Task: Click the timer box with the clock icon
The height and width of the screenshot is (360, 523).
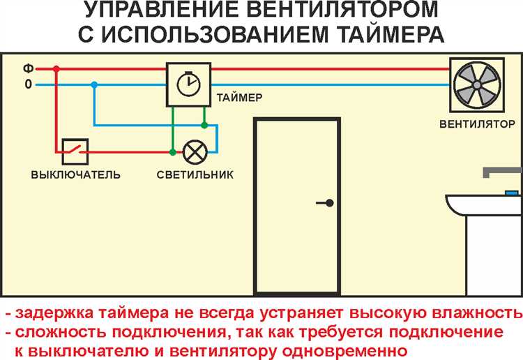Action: click(189, 84)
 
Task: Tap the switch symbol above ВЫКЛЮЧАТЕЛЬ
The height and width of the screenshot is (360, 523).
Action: click(75, 152)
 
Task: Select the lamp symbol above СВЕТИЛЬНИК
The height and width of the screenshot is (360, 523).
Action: click(195, 152)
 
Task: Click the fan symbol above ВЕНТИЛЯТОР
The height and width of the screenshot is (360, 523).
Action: click(477, 84)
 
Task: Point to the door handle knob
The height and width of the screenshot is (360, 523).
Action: click(330, 202)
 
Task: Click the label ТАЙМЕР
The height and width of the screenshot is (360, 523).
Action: click(239, 98)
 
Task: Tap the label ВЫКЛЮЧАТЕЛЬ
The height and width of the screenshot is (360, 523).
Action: click(76, 175)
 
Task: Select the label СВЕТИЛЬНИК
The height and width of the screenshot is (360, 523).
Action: click(195, 175)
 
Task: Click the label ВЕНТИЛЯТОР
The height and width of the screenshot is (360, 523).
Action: click(477, 124)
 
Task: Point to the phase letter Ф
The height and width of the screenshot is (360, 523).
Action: click(29, 69)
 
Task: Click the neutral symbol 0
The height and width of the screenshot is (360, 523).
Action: click(29, 84)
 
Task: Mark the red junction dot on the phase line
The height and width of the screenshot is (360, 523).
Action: click(56, 69)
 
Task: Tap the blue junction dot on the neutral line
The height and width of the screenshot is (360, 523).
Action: click(94, 84)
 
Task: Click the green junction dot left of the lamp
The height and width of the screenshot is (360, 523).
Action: click(172, 152)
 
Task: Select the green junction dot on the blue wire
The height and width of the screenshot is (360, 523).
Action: click(204, 126)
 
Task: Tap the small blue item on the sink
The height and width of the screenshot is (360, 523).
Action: click(512, 193)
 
